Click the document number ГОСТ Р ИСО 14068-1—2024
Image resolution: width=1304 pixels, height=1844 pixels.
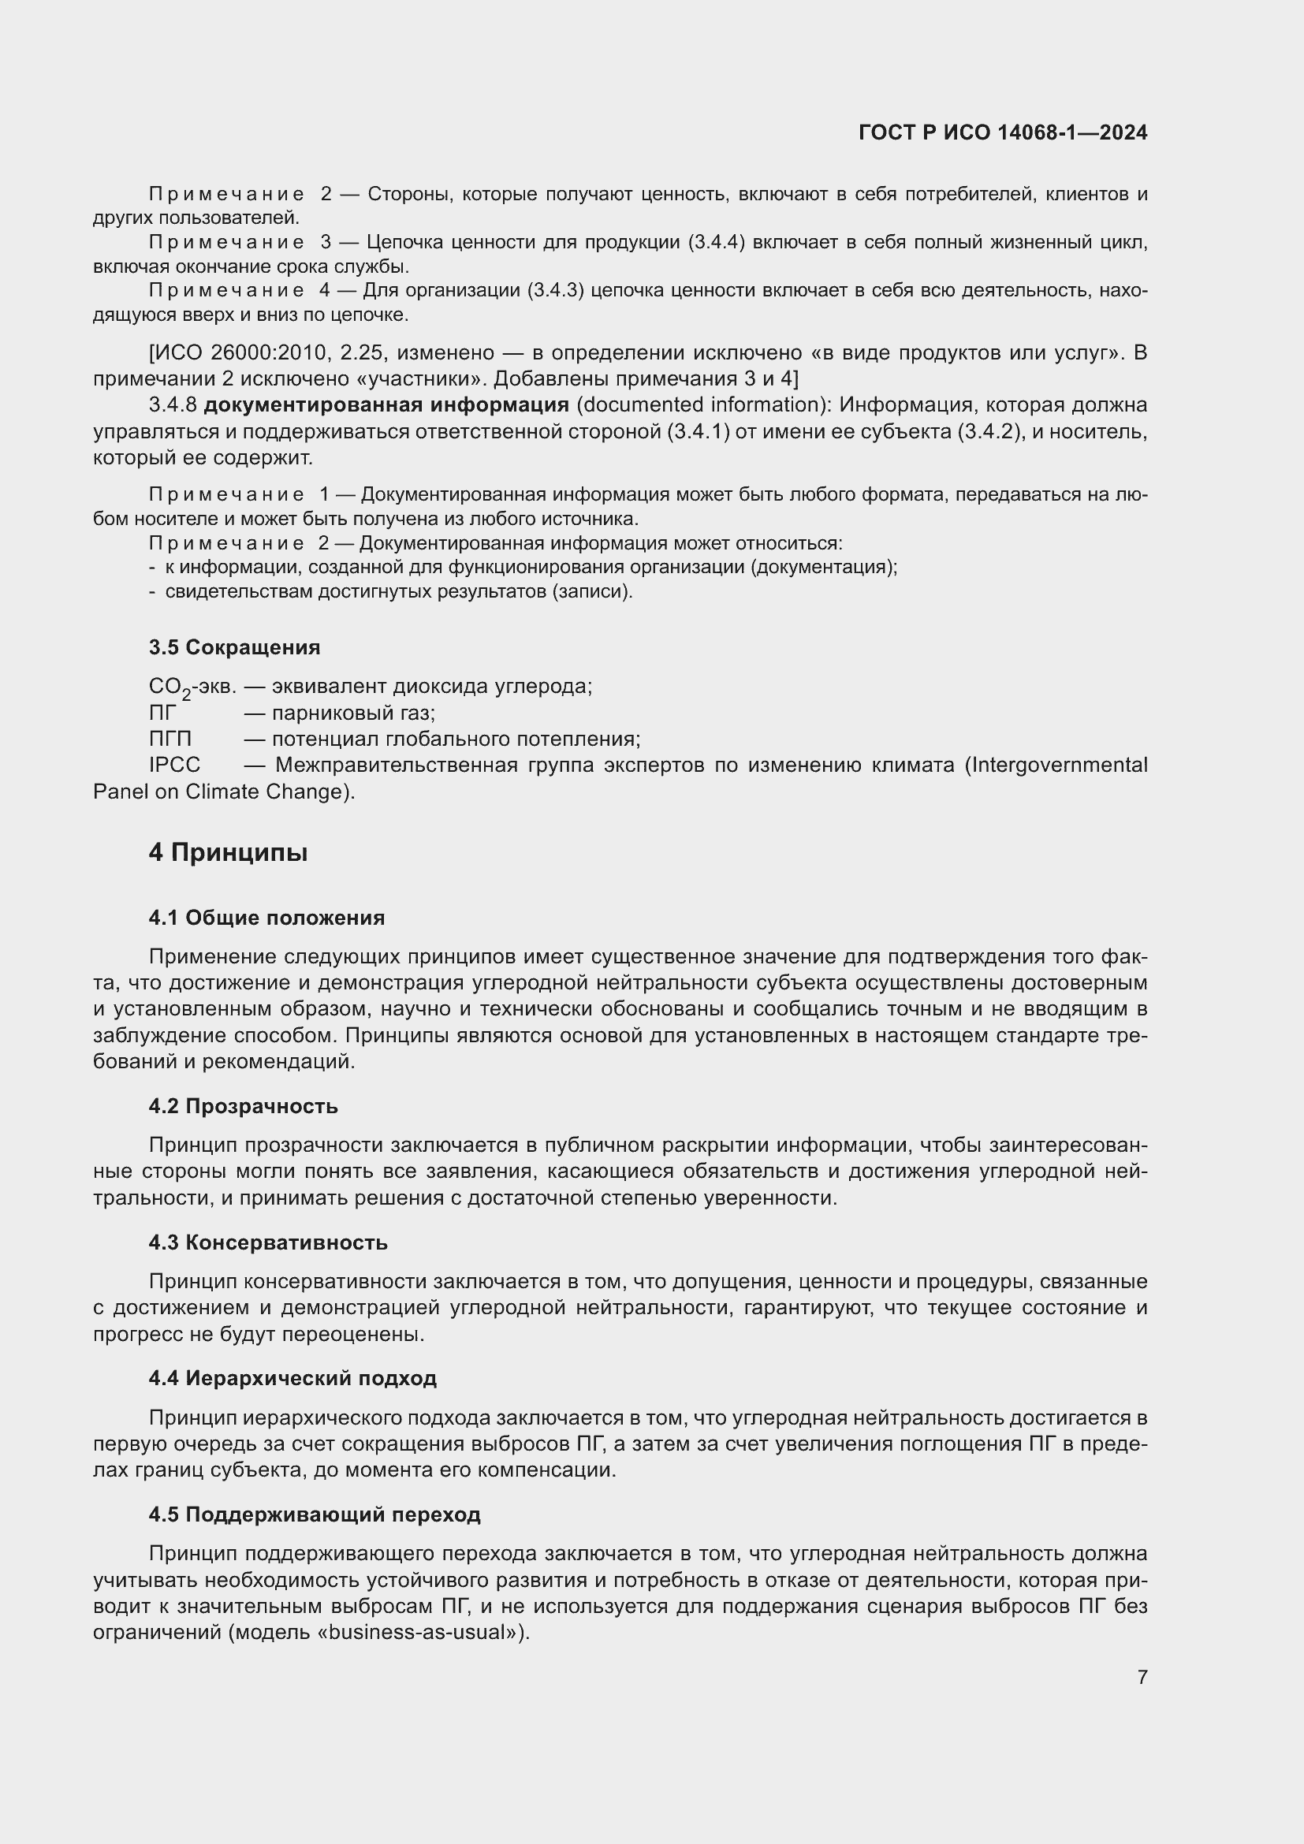[x=1002, y=132]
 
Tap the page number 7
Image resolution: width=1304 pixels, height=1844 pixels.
[x=1142, y=1677]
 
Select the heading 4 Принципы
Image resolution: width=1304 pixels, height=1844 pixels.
[x=228, y=852]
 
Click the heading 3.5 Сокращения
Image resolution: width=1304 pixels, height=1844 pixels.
[x=233, y=647]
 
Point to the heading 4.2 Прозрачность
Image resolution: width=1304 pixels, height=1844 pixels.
[x=243, y=1106]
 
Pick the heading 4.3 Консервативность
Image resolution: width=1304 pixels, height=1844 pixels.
[x=267, y=1242]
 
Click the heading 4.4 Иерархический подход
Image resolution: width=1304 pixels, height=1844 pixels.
[x=292, y=1378]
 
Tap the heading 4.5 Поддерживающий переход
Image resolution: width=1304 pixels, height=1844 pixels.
[x=314, y=1514]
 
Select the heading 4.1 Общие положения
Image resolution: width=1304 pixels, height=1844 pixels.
[x=266, y=918]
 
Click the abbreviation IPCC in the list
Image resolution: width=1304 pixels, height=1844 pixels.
[x=174, y=766]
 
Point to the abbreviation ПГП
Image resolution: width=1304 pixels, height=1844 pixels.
[x=170, y=739]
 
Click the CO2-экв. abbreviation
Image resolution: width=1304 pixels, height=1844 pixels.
[x=192, y=687]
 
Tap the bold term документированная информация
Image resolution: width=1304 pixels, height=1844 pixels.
[x=386, y=404]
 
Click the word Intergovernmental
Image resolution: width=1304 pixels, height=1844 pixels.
[x=1057, y=766]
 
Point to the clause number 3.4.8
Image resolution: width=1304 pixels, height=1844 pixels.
[x=173, y=404]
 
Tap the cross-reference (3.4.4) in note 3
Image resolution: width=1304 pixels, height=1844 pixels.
[x=716, y=243]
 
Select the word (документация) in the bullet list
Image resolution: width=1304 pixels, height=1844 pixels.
[x=824, y=567]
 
